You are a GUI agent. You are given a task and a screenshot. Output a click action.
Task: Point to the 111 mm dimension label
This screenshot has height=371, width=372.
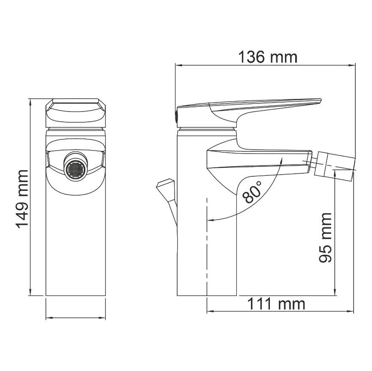(x=275, y=304)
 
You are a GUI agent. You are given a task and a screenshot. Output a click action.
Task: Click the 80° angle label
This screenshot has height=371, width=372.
(x=252, y=191)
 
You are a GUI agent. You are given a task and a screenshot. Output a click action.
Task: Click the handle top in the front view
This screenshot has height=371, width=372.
(x=75, y=111)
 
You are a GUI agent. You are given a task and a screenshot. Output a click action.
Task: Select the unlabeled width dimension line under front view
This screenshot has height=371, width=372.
(x=75, y=318)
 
